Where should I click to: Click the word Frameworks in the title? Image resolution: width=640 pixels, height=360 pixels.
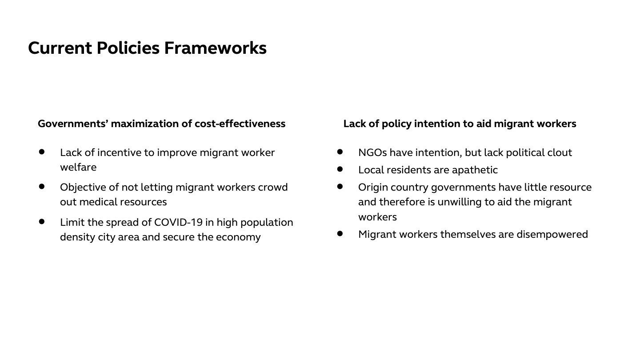[215, 48]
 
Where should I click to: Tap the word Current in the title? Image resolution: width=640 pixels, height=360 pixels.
[60, 48]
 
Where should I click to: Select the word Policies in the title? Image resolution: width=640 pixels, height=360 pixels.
[128, 48]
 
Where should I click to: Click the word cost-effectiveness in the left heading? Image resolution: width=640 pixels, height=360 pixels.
[240, 124]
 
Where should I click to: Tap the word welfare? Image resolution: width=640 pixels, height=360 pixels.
[78, 167]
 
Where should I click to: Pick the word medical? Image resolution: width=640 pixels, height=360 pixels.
[98, 202]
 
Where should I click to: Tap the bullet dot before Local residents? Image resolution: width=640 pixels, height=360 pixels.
[340, 169]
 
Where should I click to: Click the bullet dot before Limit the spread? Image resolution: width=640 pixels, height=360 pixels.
[42, 221]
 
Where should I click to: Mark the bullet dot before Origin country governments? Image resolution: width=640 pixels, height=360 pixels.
[340, 187]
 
